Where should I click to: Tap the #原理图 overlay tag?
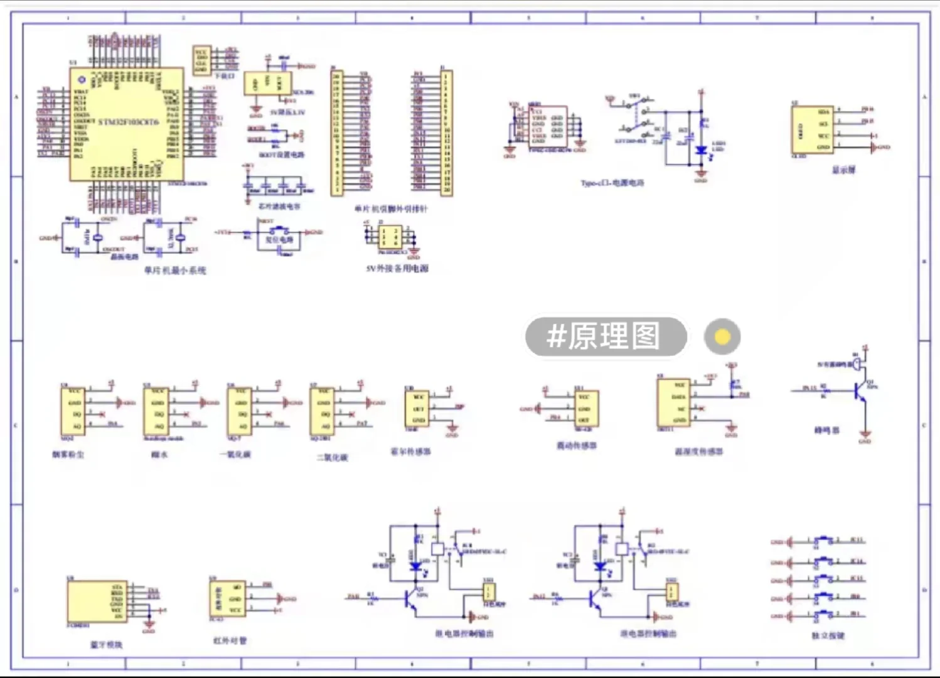click(x=605, y=336)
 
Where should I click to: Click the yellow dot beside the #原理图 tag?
click(x=722, y=337)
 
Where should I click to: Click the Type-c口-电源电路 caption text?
click(x=612, y=183)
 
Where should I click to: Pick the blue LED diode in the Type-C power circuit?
click(x=701, y=150)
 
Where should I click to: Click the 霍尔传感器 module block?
click(x=417, y=408)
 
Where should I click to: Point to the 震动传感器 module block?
click(x=584, y=408)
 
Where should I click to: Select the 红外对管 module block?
click(x=227, y=598)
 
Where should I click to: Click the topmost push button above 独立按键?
click(x=824, y=541)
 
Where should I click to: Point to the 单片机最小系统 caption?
click(x=174, y=271)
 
